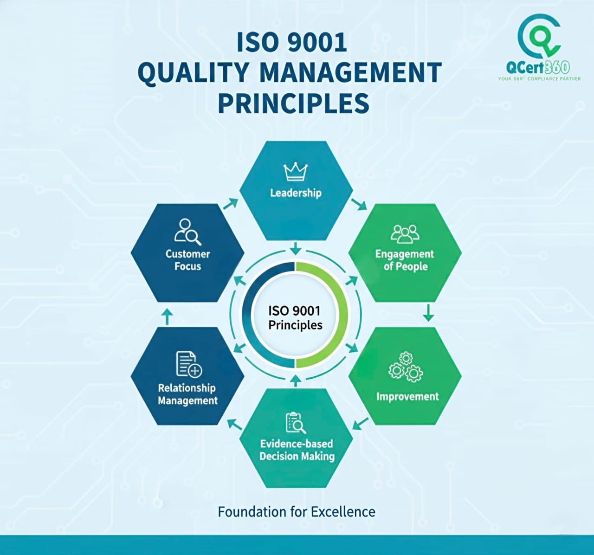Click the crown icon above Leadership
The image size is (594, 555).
(x=296, y=172)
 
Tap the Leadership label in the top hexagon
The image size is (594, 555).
(x=296, y=193)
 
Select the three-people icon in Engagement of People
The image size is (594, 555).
(x=405, y=234)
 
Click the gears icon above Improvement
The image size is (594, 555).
(x=406, y=367)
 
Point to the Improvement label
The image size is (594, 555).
(x=407, y=397)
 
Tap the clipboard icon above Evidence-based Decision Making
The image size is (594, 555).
(x=296, y=422)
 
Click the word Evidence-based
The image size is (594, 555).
(x=297, y=444)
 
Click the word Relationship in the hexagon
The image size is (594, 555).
(x=187, y=388)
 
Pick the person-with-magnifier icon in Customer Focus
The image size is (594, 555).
(x=187, y=231)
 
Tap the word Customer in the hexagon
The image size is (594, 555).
(x=187, y=254)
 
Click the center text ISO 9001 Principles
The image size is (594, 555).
(x=295, y=317)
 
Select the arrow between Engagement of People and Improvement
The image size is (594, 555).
(x=428, y=313)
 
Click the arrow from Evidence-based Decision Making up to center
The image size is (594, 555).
(x=295, y=381)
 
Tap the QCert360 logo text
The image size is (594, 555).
(x=538, y=68)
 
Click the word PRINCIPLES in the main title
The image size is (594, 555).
(x=294, y=103)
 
